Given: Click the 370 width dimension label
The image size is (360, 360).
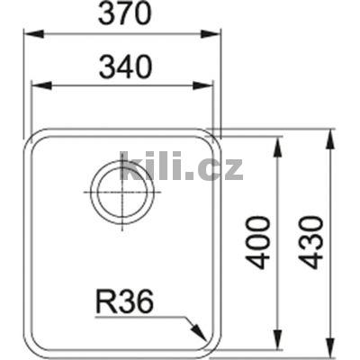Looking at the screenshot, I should [x=121, y=15].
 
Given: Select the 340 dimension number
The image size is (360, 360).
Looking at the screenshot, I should [x=121, y=66].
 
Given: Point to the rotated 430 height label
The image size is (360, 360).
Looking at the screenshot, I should [x=309, y=241].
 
